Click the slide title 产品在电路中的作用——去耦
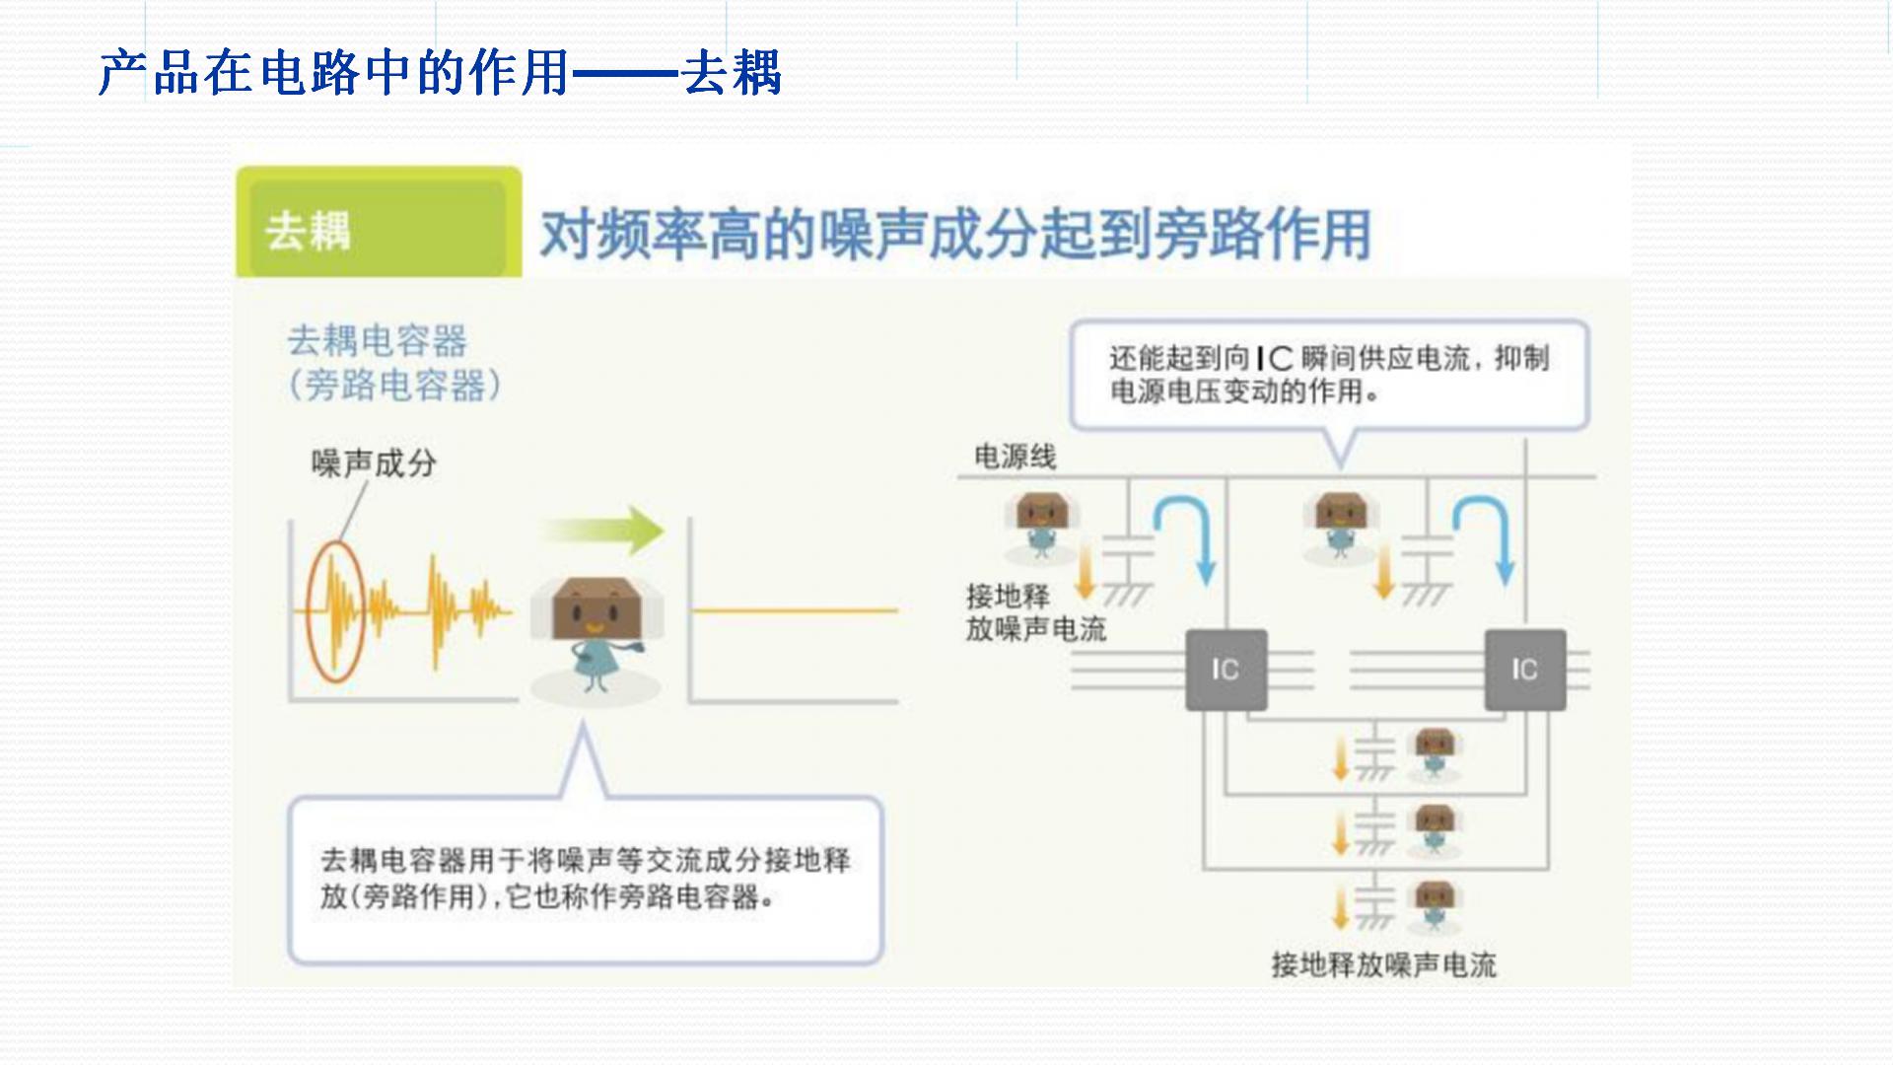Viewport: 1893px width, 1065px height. point(440,73)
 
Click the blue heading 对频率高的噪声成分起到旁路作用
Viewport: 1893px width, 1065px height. point(954,235)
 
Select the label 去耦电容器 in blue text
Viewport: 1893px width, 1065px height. point(377,341)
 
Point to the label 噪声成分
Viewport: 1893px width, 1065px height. point(374,462)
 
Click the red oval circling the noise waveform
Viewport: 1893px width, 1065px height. point(335,611)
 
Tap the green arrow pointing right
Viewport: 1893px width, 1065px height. point(603,531)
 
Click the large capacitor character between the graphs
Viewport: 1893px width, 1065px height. point(596,631)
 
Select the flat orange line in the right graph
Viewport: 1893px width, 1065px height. point(795,610)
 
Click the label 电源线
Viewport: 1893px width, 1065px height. point(1015,457)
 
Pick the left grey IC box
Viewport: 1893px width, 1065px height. point(1226,670)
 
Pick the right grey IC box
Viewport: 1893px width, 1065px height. point(1525,670)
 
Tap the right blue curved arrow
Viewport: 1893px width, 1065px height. point(1485,537)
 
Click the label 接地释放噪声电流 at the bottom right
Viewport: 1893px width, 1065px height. point(1383,964)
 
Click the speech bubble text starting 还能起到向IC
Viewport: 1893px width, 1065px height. point(1328,374)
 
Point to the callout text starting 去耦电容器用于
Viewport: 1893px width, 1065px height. point(585,878)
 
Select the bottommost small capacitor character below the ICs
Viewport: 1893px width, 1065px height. point(1435,905)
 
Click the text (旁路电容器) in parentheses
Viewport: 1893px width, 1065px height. point(394,385)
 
